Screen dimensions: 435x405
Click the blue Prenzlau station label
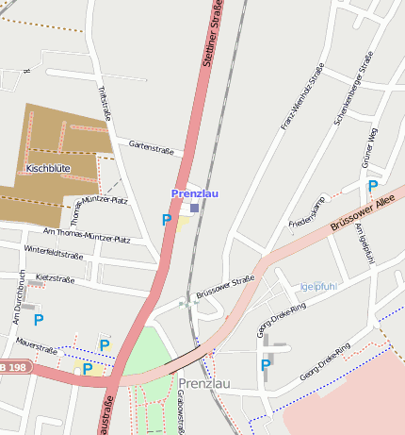point(194,193)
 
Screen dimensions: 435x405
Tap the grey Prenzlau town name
point(203,383)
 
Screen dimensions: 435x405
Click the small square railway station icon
point(194,208)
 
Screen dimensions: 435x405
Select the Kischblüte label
point(47,169)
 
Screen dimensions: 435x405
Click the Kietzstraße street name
point(54,279)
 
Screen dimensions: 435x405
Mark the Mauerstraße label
point(36,350)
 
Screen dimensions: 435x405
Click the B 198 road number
point(13,366)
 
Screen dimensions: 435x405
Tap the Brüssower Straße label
point(226,287)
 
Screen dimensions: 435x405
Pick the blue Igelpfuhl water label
point(317,287)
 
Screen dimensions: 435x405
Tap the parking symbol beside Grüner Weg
point(372,187)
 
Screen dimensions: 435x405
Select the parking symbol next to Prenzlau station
point(167,221)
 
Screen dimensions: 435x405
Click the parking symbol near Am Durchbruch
point(39,320)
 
